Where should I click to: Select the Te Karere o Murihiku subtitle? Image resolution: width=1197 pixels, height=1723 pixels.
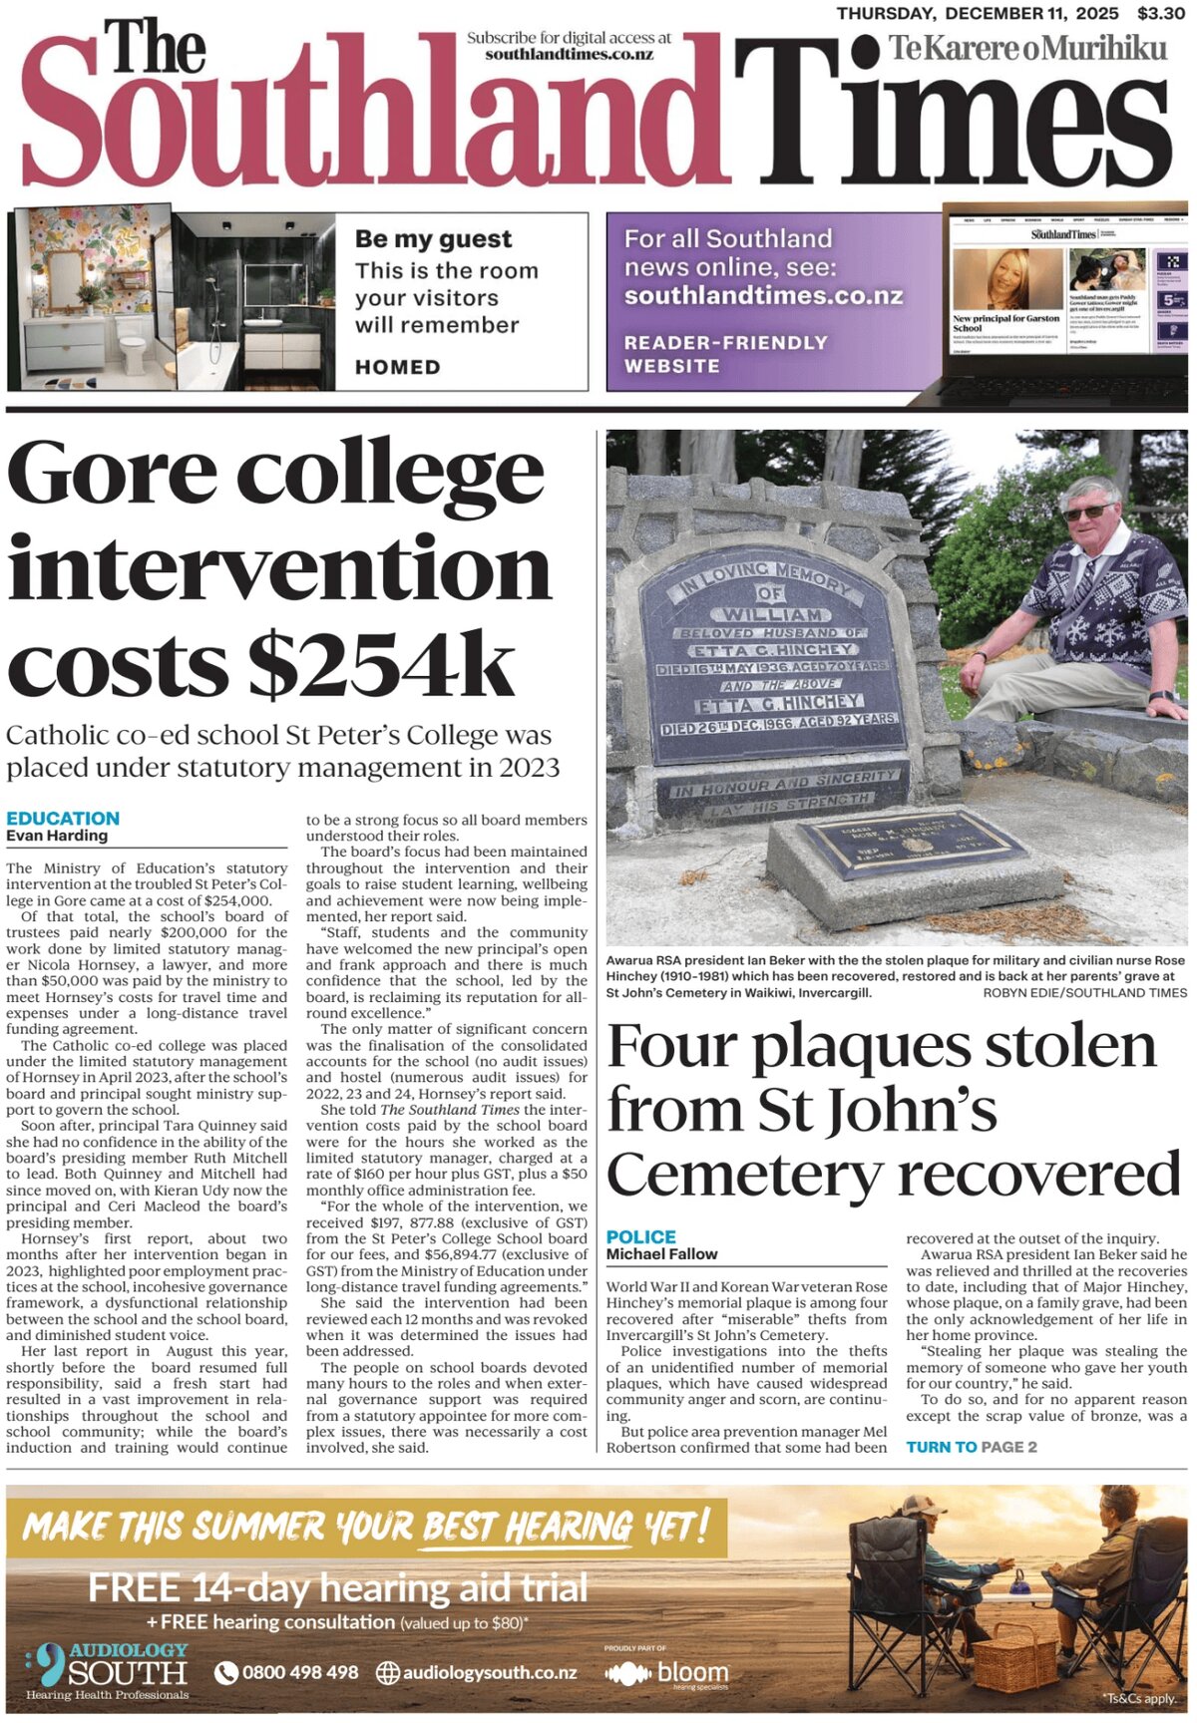coord(1027,47)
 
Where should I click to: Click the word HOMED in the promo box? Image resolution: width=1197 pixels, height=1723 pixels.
coord(397,367)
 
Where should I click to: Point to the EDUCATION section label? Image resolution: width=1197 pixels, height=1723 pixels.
coord(63,819)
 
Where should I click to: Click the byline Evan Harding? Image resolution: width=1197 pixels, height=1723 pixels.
coord(57,836)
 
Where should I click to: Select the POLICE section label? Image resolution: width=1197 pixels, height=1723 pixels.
coord(641,1237)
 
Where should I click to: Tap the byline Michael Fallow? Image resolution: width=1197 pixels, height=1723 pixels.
coord(662,1254)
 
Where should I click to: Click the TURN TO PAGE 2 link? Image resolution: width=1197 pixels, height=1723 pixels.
coord(971,1447)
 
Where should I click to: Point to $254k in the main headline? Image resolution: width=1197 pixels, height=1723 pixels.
coord(381,665)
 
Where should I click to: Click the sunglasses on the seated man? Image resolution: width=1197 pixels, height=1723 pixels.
coord(1087,512)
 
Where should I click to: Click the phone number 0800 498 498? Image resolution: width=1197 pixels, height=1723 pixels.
coord(299,1672)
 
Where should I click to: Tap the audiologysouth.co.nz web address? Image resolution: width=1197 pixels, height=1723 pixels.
coord(489,1672)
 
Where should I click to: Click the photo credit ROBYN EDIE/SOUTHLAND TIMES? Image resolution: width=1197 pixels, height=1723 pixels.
coord(1085,993)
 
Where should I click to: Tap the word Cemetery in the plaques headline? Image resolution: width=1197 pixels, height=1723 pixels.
coord(748,1175)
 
